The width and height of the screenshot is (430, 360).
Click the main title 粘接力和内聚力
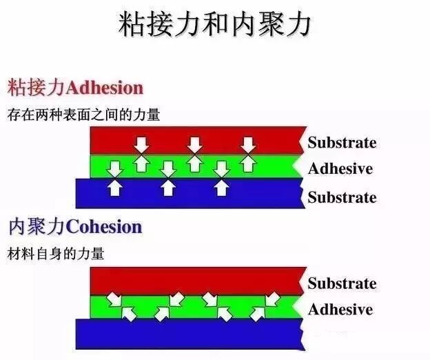pyautogui.click(x=215, y=26)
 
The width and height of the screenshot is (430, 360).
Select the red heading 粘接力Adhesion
pyautogui.click(x=75, y=88)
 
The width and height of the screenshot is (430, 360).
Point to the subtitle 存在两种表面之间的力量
pyautogui.click(x=83, y=114)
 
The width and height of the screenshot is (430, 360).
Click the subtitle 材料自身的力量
pyautogui.click(x=56, y=253)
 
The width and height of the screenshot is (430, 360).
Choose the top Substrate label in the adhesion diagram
pyautogui.click(x=342, y=143)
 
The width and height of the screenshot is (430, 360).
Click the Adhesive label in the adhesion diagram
pyautogui.click(x=340, y=169)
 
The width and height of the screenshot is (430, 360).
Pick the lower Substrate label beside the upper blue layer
pyautogui.click(x=342, y=197)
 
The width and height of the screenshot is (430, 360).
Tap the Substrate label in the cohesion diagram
pyautogui.click(x=342, y=283)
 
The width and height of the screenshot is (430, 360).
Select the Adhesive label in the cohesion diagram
pyautogui.click(x=340, y=309)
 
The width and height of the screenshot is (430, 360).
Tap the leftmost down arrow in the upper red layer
pyautogui.click(x=141, y=144)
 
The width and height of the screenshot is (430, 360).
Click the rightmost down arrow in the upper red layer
pyautogui.click(x=248, y=144)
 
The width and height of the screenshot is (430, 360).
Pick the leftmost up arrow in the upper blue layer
pyautogui.click(x=115, y=187)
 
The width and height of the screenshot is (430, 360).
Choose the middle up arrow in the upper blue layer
pyautogui.click(x=167, y=187)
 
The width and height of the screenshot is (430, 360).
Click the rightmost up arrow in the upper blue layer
pyautogui.click(x=221, y=187)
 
